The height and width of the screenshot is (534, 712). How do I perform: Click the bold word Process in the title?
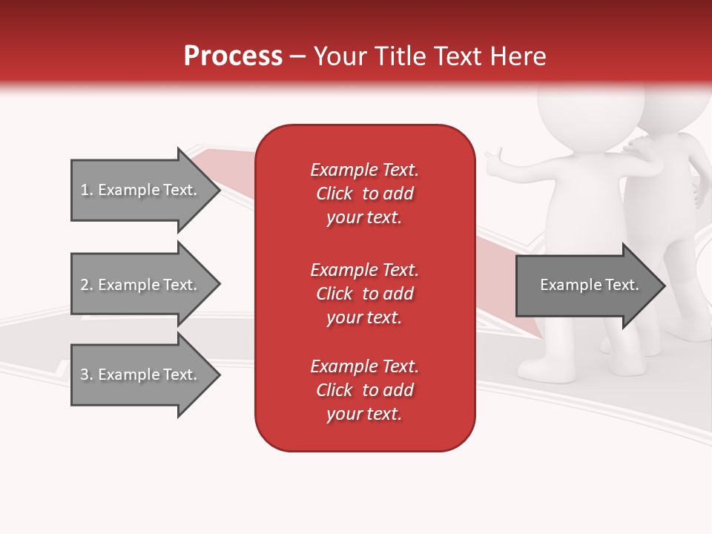tap(233, 56)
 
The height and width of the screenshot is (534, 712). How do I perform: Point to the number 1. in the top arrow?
tap(86, 190)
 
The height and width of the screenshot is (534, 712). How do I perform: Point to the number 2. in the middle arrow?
tap(86, 285)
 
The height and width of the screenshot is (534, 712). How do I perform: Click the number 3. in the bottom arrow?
tap(86, 375)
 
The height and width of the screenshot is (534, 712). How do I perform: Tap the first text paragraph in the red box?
tap(364, 194)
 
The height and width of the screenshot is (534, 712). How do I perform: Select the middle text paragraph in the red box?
tap(364, 294)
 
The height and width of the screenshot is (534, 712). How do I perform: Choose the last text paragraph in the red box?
tap(364, 390)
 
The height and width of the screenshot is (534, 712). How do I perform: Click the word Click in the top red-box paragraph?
tap(334, 194)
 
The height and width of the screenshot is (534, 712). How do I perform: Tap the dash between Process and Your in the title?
tap(297, 56)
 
